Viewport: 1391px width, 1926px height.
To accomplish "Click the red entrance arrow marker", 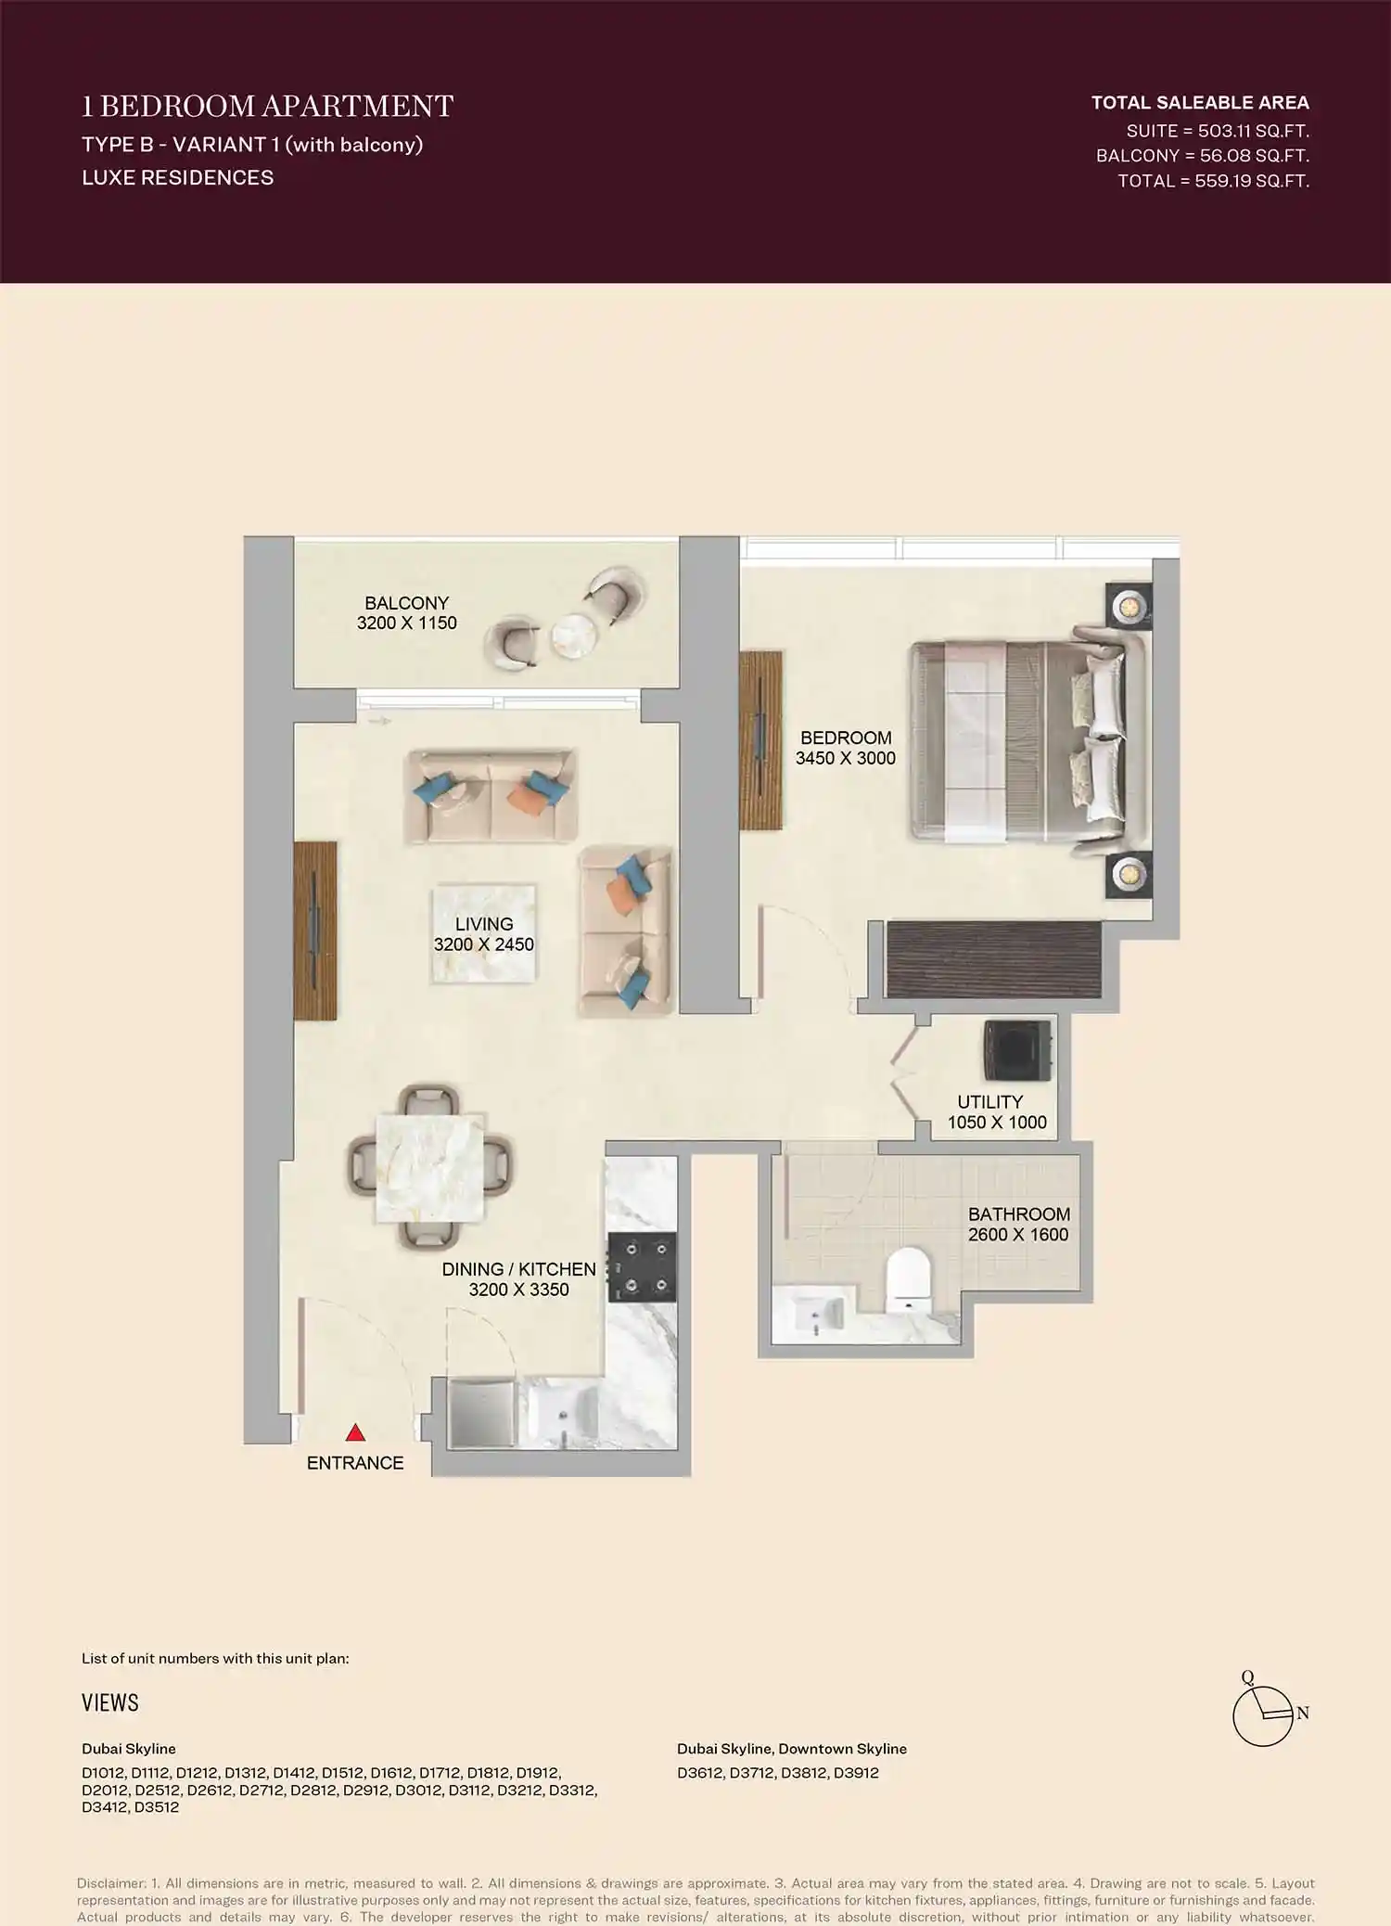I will (x=355, y=1433).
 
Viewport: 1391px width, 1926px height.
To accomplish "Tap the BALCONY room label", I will (x=406, y=603).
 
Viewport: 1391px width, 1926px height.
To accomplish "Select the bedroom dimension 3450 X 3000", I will (x=846, y=758).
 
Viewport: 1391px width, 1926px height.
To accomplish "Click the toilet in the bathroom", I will (x=908, y=1281).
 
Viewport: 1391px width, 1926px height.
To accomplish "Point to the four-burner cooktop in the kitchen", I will (x=642, y=1267).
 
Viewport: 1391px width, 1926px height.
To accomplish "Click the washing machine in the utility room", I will (x=1018, y=1050).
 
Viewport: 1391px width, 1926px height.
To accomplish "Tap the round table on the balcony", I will (x=573, y=636).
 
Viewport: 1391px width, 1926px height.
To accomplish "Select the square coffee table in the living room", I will (x=483, y=933).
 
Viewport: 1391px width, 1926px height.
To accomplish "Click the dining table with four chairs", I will (x=429, y=1167).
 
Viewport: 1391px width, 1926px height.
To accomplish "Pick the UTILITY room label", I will (x=989, y=1102).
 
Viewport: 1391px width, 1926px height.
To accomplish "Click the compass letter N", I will (x=1303, y=1714).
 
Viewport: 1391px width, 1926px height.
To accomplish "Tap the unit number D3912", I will (x=856, y=1773).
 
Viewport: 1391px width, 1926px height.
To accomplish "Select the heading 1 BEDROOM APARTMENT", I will (x=267, y=107).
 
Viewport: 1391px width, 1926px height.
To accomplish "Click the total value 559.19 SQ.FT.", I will (x=1252, y=181).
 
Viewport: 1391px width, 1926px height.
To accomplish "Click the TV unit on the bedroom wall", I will (x=761, y=739).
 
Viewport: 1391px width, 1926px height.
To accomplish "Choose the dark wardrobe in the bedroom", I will (x=993, y=959).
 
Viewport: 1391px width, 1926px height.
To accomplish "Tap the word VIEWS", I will (x=110, y=1702).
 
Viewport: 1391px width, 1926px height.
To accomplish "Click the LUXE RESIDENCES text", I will (x=178, y=177).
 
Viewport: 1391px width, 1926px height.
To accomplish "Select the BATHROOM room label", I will (x=1018, y=1214).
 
